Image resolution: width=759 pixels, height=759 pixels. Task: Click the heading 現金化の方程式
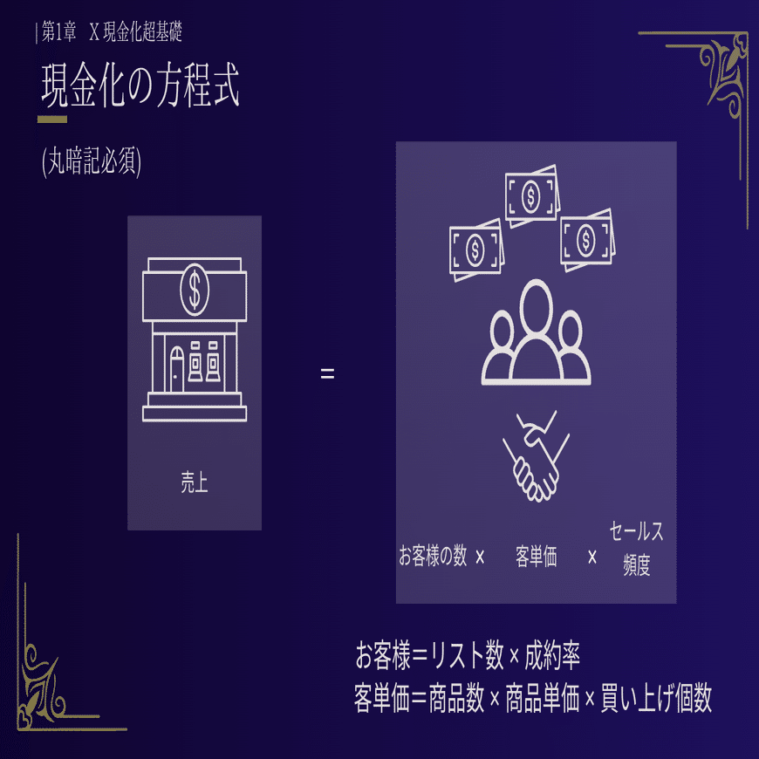tap(140, 85)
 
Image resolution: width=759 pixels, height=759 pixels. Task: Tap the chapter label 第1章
tap(59, 33)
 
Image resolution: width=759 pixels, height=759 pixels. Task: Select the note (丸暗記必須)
tap(92, 162)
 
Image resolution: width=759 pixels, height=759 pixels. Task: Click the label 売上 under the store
tap(194, 482)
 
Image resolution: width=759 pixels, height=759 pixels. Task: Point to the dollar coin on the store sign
tap(194, 289)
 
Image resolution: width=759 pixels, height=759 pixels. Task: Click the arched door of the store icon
tap(177, 369)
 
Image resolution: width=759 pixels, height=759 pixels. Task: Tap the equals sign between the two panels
tap(327, 375)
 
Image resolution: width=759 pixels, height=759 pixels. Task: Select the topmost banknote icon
tap(530, 195)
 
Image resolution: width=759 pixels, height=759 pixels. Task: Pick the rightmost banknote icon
tap(586, 237)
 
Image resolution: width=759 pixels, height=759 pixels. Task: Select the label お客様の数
tap(433, 557)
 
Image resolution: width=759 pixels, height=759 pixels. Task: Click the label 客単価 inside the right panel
tap(536, 557)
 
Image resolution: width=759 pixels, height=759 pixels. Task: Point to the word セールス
tap(636, 531)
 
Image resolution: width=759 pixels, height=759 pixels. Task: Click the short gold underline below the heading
tap(52, 119)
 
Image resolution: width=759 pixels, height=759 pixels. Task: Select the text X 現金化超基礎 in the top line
tap(135, 33)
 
